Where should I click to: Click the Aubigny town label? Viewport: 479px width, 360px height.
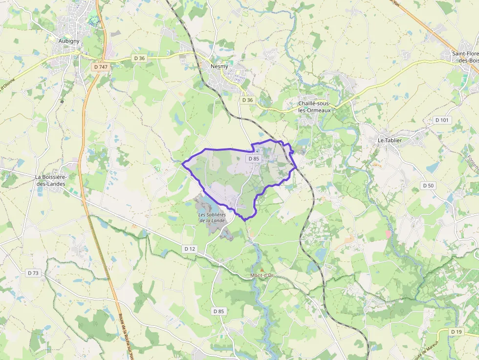(69, 41)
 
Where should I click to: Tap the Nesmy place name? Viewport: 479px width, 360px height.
(219, 66)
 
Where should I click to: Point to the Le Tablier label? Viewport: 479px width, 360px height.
(390, 140)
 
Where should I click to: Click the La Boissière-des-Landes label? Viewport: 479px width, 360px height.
(51, 180)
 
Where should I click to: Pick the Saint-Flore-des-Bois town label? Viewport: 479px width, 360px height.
(465, 57)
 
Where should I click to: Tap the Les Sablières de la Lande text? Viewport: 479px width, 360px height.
(212, 217)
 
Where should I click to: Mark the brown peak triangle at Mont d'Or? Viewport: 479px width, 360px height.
(262, 270)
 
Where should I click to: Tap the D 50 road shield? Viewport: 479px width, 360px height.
(428, 186)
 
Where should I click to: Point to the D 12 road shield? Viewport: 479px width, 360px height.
(190, 249)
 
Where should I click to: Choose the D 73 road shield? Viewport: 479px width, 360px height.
(33, 273)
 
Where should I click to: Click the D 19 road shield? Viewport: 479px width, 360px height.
(456, 332)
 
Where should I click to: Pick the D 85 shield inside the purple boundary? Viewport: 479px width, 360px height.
(254, 159)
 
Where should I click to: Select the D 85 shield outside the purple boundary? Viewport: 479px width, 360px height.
(218, 311)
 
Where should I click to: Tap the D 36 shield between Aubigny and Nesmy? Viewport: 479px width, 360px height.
(139, 58)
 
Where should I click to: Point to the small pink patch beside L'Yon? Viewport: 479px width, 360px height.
(389, 234)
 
